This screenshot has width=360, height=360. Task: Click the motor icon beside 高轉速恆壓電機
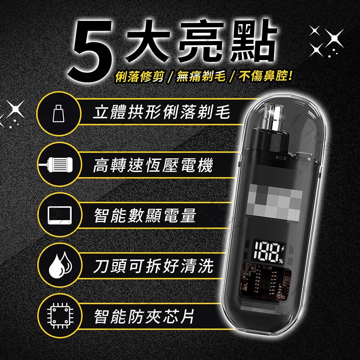[x=58, y=165]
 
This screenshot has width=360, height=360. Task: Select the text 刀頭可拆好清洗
[x=153, y=266]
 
